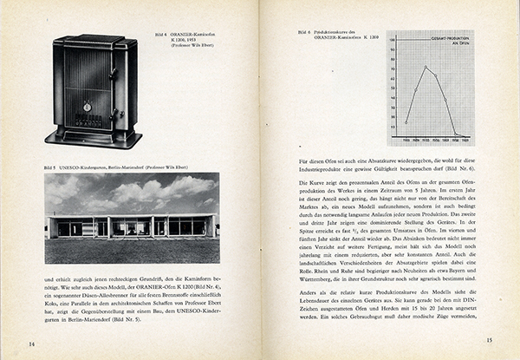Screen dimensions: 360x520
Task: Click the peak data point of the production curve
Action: (x=426, y=68)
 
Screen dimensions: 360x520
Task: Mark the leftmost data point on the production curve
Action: (x=406, y=121)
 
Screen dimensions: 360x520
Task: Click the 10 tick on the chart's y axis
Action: (x=393, y=121)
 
